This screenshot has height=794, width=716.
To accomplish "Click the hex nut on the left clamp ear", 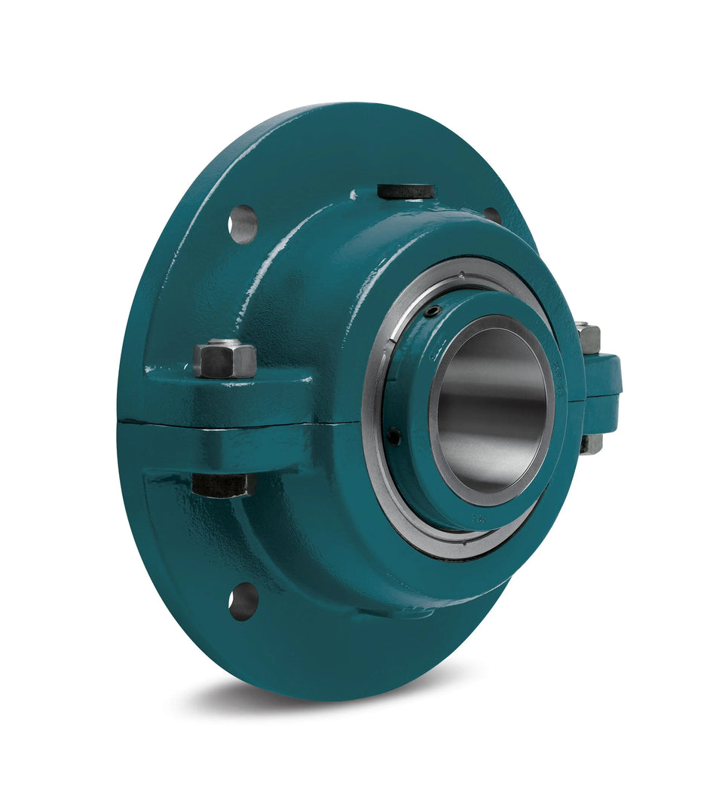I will tap(224, 359).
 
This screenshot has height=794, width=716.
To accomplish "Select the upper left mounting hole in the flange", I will tap(243, 224).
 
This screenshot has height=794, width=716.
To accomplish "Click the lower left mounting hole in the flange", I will tap(243, 601).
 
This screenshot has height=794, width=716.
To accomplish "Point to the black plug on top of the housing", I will tap(406, 191).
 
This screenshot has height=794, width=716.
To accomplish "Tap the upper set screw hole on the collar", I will tap(431, 311).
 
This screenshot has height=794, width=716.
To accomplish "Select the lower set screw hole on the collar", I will tap(394, 435).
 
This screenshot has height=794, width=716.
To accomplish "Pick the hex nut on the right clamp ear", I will tap(589, 338).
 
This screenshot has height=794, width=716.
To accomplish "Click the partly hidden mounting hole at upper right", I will tap(492, 215).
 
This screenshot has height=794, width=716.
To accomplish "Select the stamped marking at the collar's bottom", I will tap(478, 519).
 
